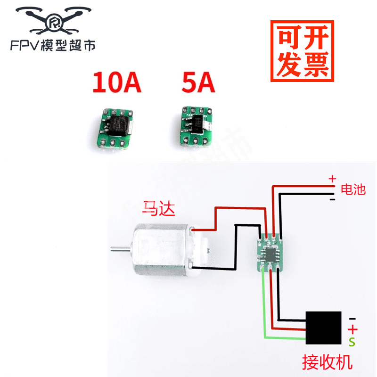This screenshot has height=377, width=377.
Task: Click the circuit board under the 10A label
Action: pos(115,127)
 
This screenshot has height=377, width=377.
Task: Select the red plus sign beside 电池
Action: pos(332,179)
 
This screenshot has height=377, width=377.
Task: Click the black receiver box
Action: pos(324,328)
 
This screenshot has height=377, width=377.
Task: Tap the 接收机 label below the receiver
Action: pos(327,362)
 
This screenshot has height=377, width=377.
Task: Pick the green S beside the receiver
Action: pos(352,340)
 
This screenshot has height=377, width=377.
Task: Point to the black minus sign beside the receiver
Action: pos(352,319)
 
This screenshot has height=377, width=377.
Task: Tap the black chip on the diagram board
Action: pos(270,254)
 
